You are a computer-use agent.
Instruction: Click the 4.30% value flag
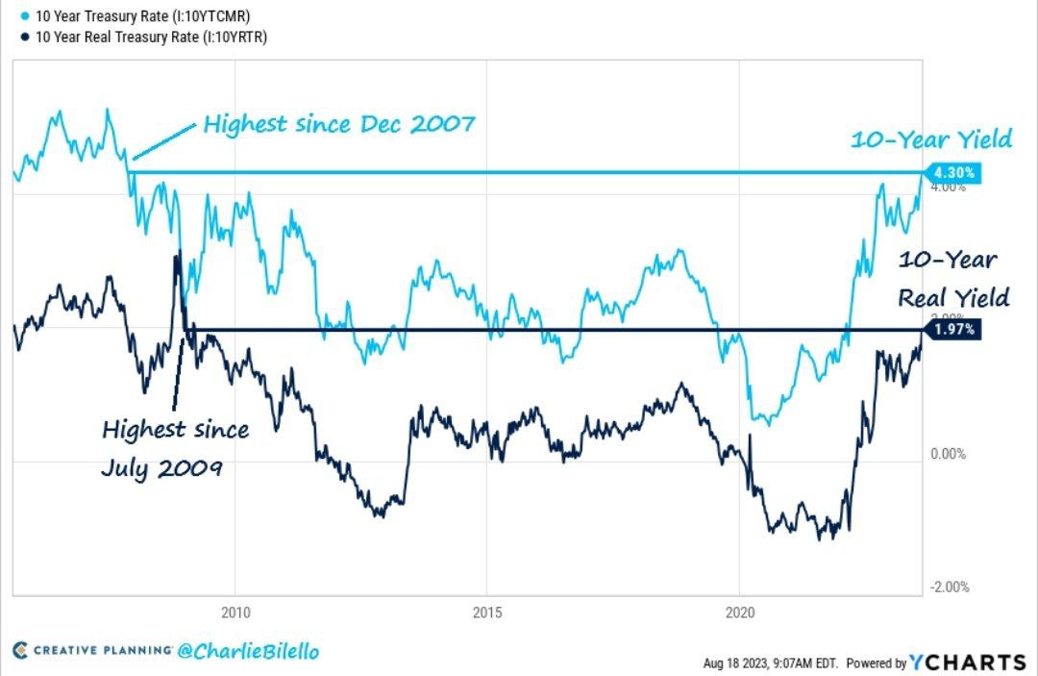click(955, 173)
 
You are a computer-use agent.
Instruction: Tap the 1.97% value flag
click(955, 330)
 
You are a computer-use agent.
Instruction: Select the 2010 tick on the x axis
click(235, 611)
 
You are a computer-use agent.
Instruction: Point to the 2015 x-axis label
click(487, 611)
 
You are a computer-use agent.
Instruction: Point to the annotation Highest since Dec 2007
click(339, 124)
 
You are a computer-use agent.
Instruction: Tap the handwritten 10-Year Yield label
click(930, 140)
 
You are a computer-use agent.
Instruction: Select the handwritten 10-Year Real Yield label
click(952, 279)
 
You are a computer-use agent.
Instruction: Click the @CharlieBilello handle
click(248, 651)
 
